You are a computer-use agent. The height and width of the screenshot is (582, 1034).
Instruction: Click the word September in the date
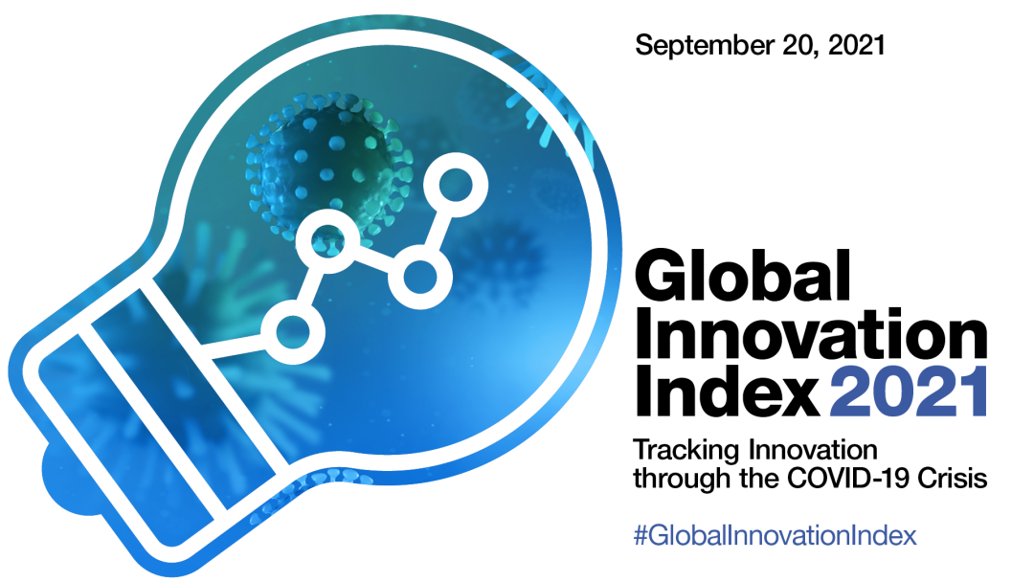(x=705, y=46)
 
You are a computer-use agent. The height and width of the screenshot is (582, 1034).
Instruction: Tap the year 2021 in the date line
(x=856, y=45)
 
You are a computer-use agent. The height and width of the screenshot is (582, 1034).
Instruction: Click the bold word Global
(x=743, y=275)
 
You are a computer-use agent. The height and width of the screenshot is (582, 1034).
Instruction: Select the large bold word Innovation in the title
(x=811, y=337)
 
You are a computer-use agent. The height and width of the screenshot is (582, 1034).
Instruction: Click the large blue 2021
(x=908, y=392)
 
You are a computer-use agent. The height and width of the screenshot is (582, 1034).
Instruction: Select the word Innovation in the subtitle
(x=813, y=450)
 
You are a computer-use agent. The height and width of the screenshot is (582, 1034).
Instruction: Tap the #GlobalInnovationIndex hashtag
(x=775, y=535)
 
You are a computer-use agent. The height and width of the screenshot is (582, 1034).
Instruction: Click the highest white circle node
(x=455, y=185)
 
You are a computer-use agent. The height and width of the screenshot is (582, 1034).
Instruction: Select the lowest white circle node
(x=293, y=331)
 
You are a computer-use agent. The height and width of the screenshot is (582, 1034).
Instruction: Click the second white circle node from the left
(x=327, y=241)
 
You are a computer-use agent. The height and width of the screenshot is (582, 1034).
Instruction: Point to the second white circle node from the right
(x=420, y=277)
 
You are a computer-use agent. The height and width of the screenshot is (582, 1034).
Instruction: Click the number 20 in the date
(x=800, y=46)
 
